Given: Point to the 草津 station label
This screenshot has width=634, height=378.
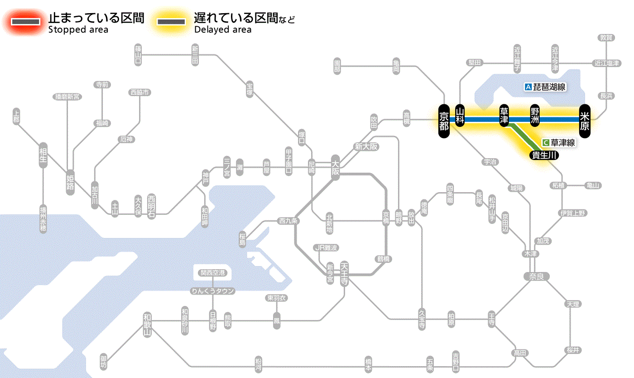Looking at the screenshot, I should [x=504, y=116].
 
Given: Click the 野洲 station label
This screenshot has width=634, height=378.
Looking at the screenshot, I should [x=536, y=116].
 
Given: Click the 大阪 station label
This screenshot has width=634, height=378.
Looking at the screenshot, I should [x=336, y=166].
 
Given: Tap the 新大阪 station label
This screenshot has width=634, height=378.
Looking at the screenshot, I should [x=366, y=146].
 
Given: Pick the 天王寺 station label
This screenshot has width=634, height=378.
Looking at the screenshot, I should [x=345, y=273].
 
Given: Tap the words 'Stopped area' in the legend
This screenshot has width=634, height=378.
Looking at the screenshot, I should [x=78, y=30].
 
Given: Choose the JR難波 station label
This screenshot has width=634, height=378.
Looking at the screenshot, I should [x=327, y=247].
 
